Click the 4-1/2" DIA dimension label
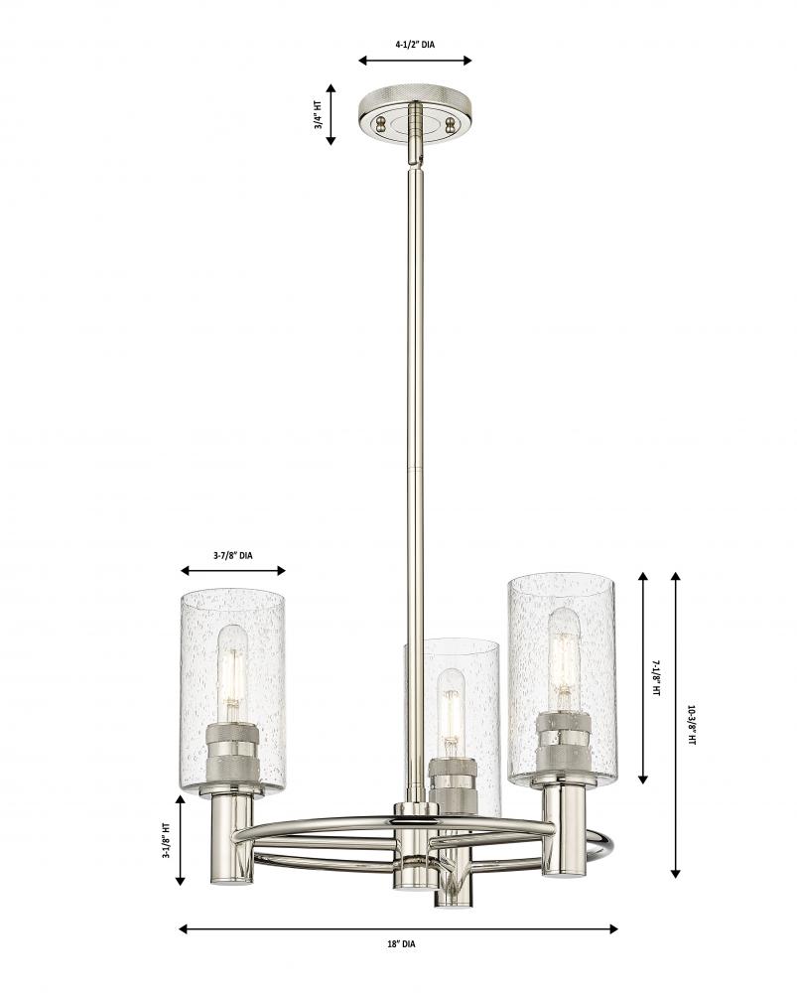[415, 45]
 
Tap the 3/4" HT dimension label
[319, 115]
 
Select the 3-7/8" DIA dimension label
[233, 555]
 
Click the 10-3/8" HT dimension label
[691, 726]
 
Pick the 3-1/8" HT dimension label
[167, 840]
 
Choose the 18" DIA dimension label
[401, 943]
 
